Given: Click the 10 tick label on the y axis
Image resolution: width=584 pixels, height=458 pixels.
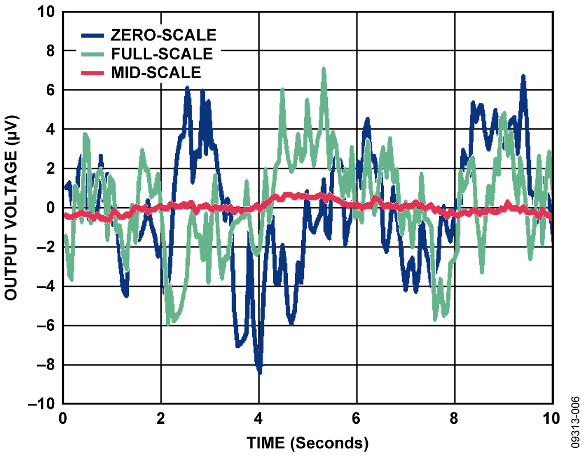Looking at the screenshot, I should (45, 12).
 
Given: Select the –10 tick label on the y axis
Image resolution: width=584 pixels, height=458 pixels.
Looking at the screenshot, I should (41, 404).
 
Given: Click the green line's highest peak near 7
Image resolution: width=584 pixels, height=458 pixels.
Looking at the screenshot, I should (323, 69).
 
